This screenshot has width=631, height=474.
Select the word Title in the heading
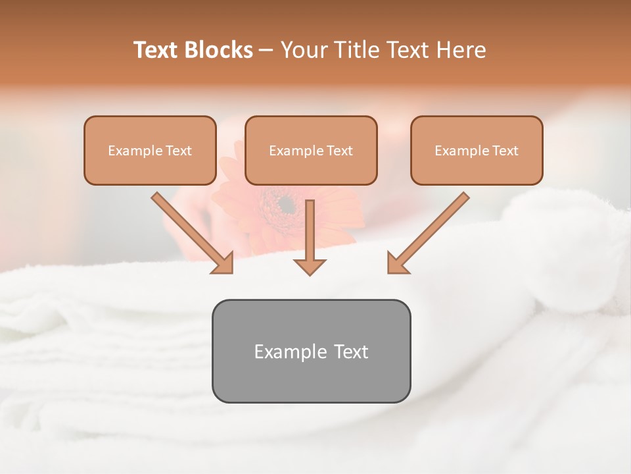(359, 50)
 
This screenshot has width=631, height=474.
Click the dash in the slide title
(266, 51)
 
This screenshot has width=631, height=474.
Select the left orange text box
(150, 150)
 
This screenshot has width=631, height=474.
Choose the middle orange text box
(311, 150)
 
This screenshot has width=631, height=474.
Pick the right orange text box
(477, 150)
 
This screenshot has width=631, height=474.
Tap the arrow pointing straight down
(310, 237)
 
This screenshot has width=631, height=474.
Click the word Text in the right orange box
(505, 151)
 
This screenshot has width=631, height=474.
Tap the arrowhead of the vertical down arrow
(310, 266)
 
